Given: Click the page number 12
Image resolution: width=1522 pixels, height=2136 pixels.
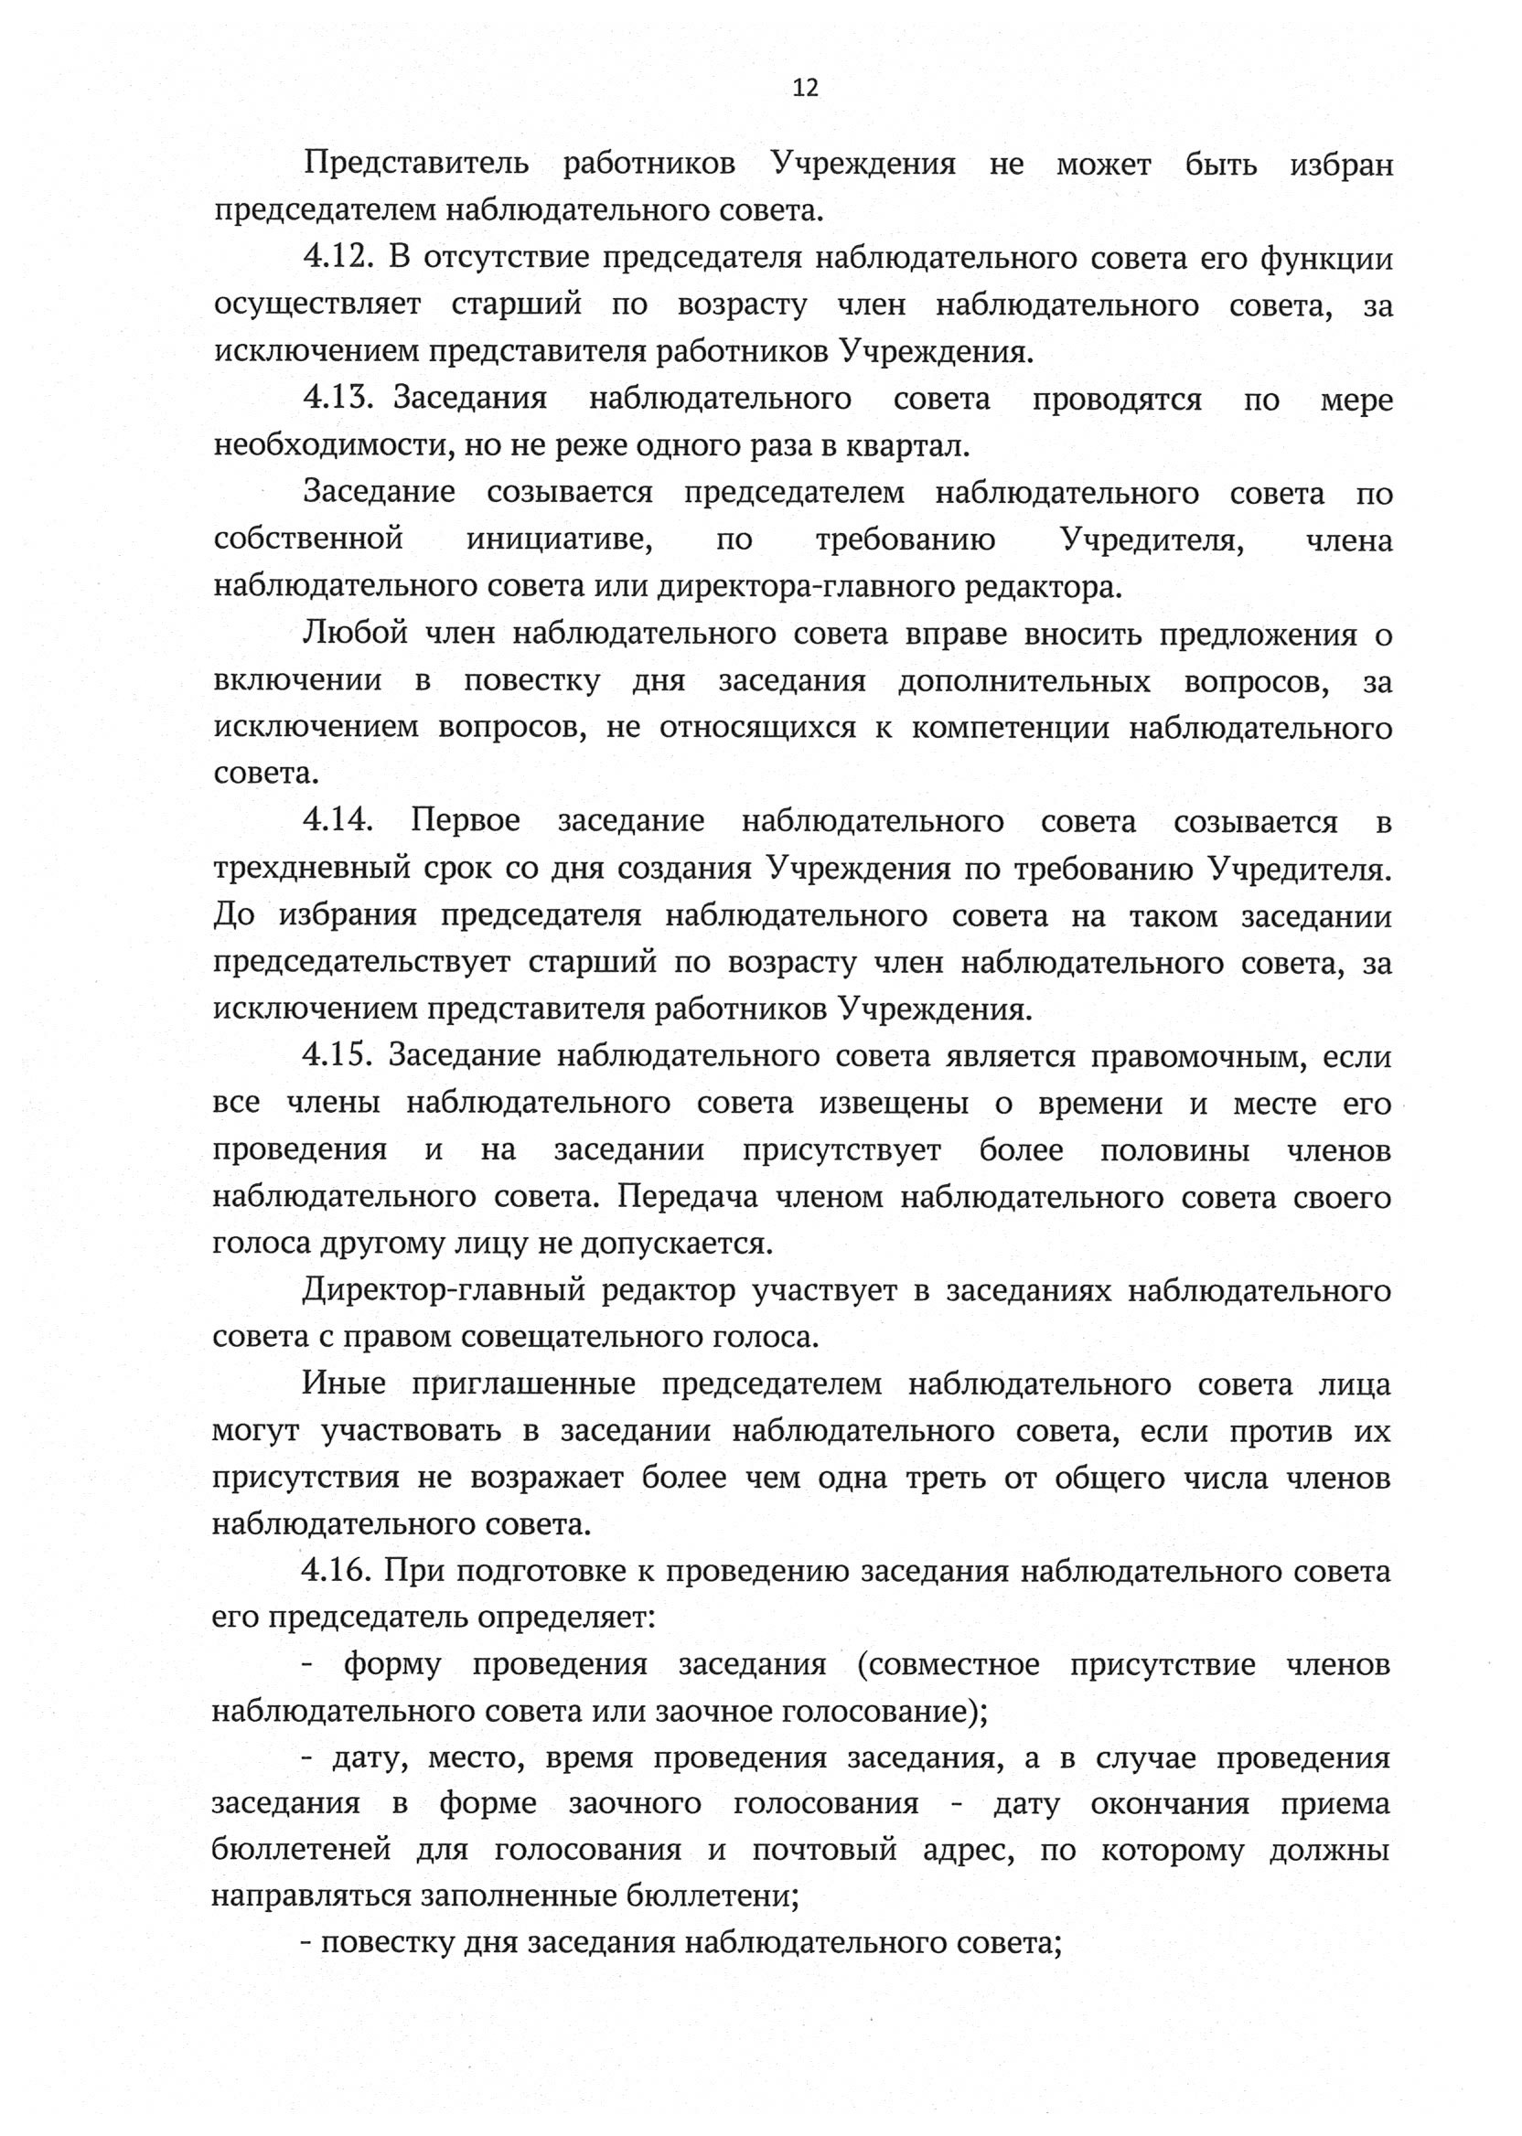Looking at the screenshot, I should coord(805,88).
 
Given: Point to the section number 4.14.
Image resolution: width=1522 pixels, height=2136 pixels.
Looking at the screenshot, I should coord(338,822).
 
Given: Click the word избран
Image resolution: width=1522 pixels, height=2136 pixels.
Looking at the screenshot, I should coord(1341,165).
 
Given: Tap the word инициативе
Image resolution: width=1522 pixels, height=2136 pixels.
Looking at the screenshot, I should coord(560,540).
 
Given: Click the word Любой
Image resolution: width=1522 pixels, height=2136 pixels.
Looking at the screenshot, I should coord(355,635).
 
